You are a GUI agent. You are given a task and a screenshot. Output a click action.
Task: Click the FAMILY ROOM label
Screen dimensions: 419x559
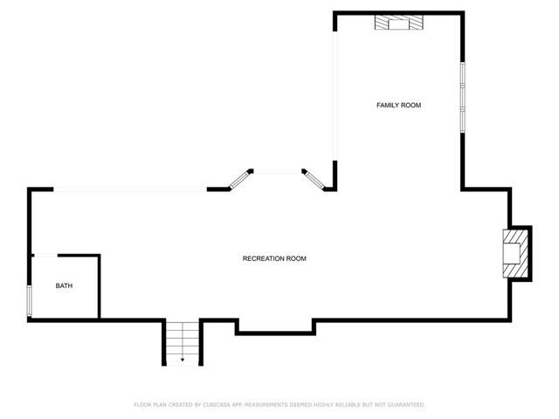(x=398, y=106)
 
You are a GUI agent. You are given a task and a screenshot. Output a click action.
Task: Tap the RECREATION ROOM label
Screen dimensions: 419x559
(x=274, y=258)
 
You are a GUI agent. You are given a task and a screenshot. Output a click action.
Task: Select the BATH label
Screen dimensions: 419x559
(x=65, y=285)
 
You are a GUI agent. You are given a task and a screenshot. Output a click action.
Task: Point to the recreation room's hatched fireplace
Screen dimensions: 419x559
(x=515, y=253)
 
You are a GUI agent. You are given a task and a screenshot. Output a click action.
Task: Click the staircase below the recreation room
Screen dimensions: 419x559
(x=183, y=341)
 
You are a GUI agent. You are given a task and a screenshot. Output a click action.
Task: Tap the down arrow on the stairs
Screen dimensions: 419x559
(x=183, y=358)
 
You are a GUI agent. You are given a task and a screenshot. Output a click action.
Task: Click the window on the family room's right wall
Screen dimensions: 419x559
(x=462, y=96)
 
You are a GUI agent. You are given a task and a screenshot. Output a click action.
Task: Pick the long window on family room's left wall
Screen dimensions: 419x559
(x=335, y=96)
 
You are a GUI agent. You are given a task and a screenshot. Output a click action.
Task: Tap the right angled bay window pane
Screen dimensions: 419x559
(x=314, y=179)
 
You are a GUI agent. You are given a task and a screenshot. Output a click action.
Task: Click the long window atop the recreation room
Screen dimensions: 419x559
(x=131, y=189)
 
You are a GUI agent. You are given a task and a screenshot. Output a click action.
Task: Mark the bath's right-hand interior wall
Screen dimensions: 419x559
(x=100, y=286)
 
